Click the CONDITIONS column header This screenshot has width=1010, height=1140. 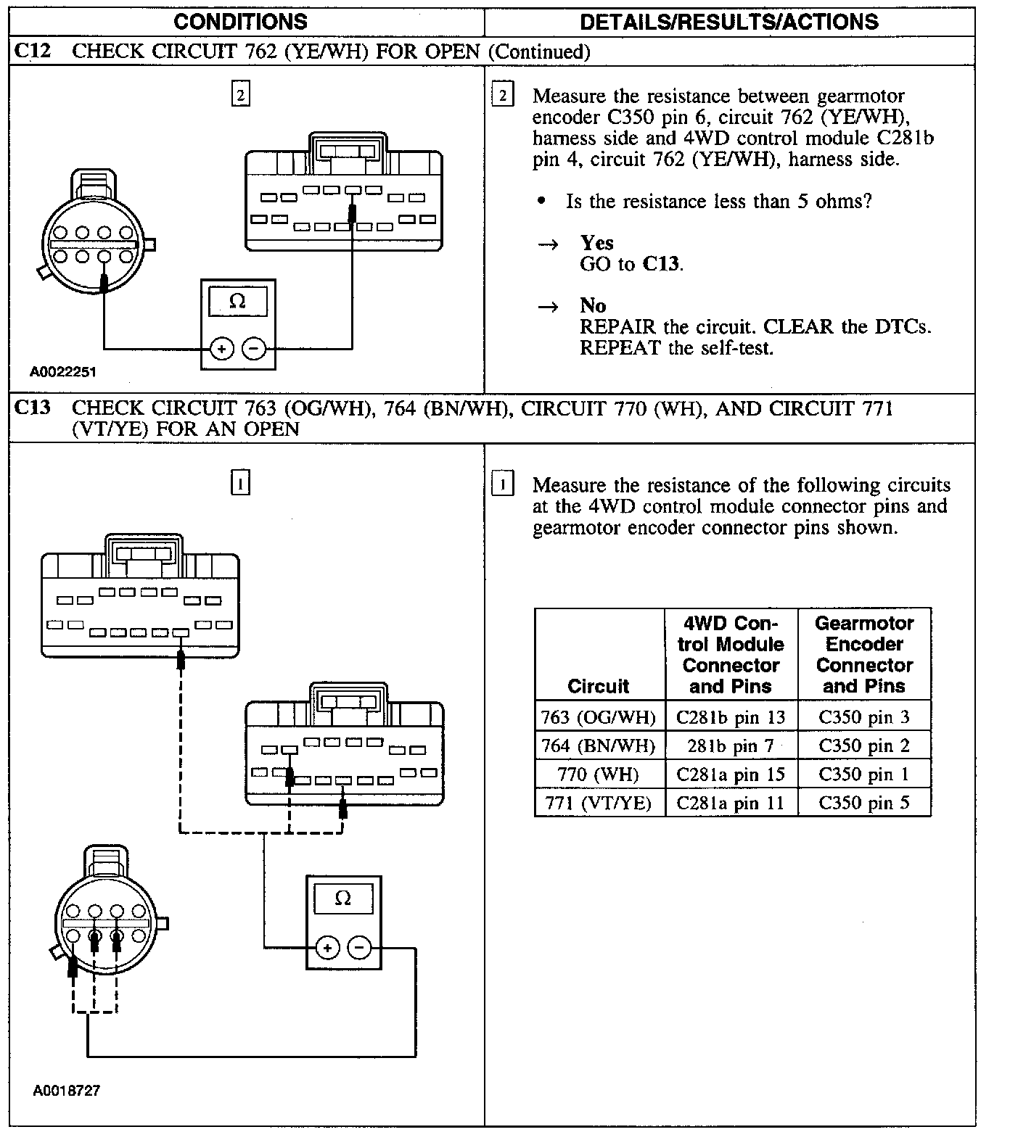(x=240, y=22)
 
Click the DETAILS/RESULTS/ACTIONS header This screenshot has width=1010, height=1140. (x=729, y=22)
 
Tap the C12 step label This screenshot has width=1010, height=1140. (x=33, y=51)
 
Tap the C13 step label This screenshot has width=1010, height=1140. (x=33, y=408)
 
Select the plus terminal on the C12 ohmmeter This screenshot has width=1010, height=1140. (x=221, y=350)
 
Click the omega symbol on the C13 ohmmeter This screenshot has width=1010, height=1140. (x=343, y=899)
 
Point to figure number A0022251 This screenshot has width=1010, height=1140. (x=63, y=372)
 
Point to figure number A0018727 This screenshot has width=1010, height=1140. (x=66, y=1091)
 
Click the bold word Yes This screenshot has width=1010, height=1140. (x=596, y=243)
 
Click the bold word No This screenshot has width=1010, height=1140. (x=593, y=305)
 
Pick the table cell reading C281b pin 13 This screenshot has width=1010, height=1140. (x=731, y=718)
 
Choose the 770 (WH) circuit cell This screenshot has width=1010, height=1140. (x=599, y=775)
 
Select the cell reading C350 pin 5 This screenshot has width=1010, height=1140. (x=863, y=803)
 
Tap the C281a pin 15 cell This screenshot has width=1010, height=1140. (x=731, y=775)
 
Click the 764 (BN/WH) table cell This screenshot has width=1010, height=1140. (x=599, y=745)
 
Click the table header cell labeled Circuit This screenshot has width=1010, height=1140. (x=599, y=686)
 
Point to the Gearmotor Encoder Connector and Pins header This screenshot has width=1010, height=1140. (x=863, y=654)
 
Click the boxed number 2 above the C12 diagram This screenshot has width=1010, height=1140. (x=240, y=95)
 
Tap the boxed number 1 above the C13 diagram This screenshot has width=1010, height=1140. (x=240, y=483)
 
